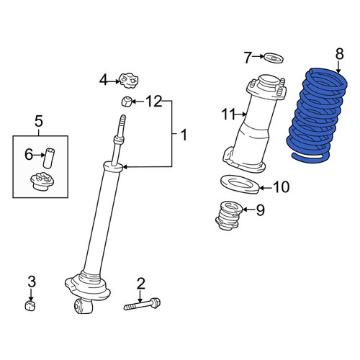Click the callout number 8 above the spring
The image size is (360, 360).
pos(339,54)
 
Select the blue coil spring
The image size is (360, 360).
pos(317,115)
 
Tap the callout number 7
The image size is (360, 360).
pos(248,58)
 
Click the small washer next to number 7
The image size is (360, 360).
pos(274,58)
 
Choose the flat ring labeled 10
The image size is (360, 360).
pos(240,184)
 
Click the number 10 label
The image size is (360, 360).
pos(282,187)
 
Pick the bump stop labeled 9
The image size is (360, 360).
pos(229,215)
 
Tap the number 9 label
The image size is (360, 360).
pos(261,210)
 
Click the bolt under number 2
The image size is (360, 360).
pos(142,305)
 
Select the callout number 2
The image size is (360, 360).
pos(141,284)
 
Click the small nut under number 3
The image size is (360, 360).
pos(30,305)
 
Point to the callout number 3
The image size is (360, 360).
pos(32,282)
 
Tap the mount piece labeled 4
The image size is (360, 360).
pos(129,81)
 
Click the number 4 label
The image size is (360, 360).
pos(104,80)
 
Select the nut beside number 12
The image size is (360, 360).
pos(127,102)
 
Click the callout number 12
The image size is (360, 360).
pos(154,102)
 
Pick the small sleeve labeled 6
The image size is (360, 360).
pos(49,158)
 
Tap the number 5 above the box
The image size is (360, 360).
pos(39,121)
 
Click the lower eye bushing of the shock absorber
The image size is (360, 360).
pos(83,305)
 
